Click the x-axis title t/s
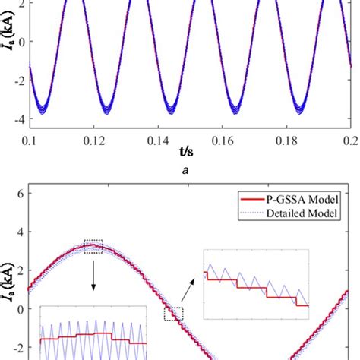pyautogui.click(x=188, y=157)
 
